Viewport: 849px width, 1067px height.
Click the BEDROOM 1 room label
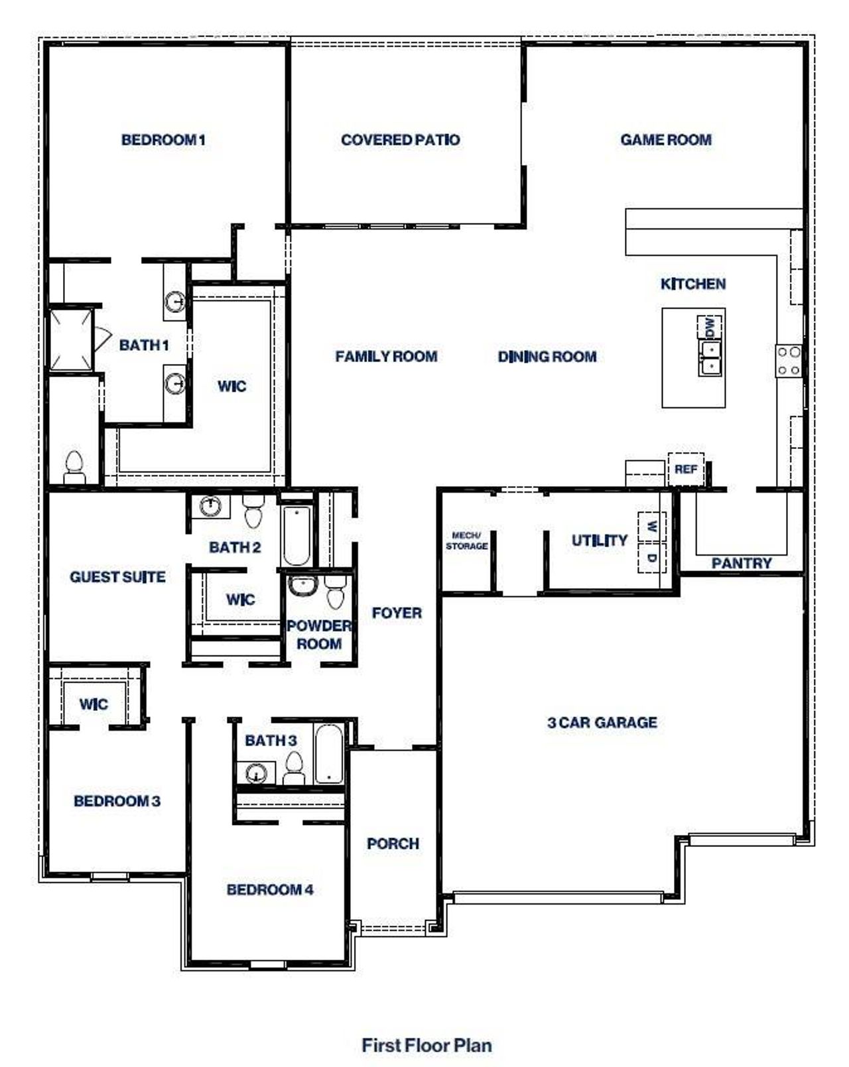163,140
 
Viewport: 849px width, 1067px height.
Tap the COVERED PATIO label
400,140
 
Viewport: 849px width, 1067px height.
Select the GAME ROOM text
666,140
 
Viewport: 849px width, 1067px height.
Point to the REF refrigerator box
686,469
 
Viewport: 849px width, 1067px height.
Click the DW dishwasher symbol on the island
709,327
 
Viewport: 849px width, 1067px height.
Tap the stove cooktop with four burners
789,361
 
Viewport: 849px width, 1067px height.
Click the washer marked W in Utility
651,527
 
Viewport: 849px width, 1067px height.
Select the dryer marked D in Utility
651,558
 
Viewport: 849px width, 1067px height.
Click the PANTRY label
742,563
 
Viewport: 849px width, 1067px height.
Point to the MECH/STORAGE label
467,540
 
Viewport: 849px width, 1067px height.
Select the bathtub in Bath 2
296,535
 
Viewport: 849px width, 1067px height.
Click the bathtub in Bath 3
328,754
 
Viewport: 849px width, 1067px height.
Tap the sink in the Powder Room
303,586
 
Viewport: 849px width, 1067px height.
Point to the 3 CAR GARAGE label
602,722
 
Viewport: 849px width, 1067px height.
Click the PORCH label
393,844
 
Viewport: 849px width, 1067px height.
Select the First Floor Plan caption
426,1045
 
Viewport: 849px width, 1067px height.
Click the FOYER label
397,613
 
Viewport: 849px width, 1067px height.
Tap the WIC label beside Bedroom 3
94,704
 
